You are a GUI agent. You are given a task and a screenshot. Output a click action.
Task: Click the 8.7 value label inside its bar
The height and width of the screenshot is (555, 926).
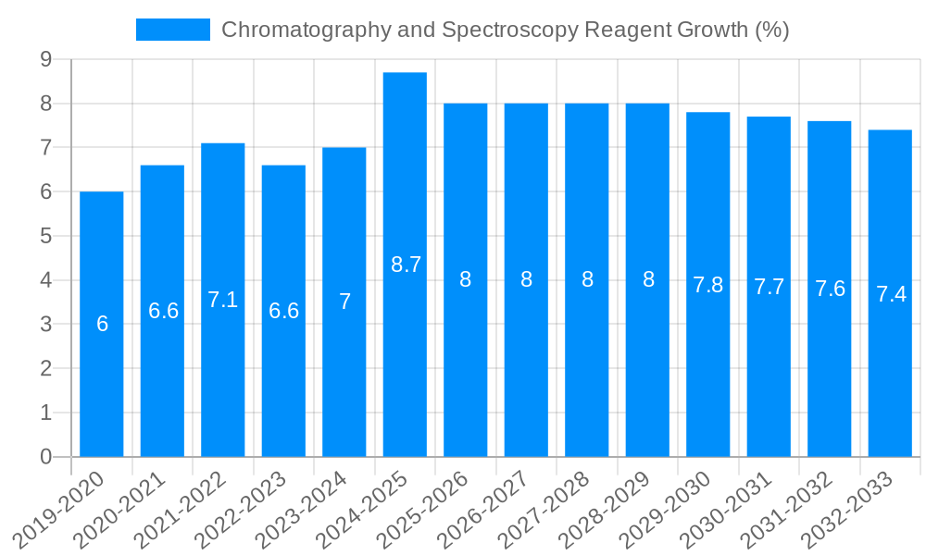click(x=406, y=265)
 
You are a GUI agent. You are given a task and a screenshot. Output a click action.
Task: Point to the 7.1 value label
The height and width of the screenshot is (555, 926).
click(x=223, y=300)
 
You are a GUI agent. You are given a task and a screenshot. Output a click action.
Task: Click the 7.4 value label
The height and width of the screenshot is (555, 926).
click(x=891, y=294)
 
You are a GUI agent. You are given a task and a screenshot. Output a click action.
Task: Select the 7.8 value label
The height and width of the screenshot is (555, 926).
click(x=708, y=285)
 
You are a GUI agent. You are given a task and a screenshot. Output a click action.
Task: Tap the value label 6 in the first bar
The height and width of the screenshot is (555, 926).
click(x=102, y=324)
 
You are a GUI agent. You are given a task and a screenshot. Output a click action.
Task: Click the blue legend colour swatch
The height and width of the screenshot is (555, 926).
click(x=173, y=30)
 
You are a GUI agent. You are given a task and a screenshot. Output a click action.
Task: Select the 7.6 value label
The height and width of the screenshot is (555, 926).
click(x=830, y=289)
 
